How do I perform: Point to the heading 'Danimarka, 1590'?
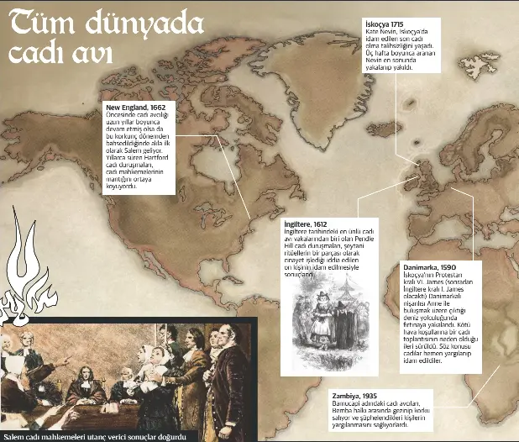point(429,266)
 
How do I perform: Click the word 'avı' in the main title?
point(93,54)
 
